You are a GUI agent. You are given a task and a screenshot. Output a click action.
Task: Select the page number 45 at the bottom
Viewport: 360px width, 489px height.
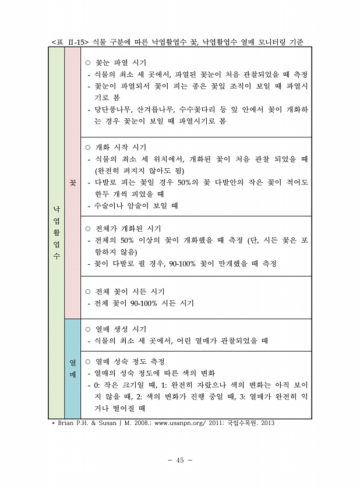[x=179, y=460]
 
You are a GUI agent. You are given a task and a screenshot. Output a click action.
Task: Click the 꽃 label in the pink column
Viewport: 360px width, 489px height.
[x=72, y=183]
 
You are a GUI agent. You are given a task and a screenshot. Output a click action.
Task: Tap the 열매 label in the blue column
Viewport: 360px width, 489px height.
[x=72, y=368]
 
